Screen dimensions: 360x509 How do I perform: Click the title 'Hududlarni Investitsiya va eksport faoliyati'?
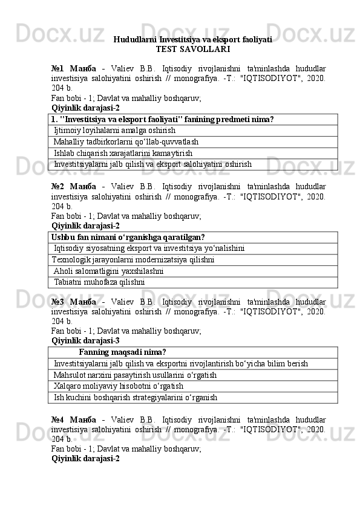pyautogui.click(x=192, y=40)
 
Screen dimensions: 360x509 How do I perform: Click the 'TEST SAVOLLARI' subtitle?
pyautogui.click(x=192, y=49)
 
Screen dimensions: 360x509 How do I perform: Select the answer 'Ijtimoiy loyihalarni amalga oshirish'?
pyautogui.click(x=114, y=131)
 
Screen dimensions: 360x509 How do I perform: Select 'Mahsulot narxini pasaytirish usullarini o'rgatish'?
pyautogui.click(x=135, y=375)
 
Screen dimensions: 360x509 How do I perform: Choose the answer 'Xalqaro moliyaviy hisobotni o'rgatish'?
pyautogui.click(x=119, y=386)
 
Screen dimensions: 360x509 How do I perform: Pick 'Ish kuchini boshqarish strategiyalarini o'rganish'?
pyautogui.click(x=136, y=398)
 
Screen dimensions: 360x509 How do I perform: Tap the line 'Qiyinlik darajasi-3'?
pyautogui.click(x=85, y=340)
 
